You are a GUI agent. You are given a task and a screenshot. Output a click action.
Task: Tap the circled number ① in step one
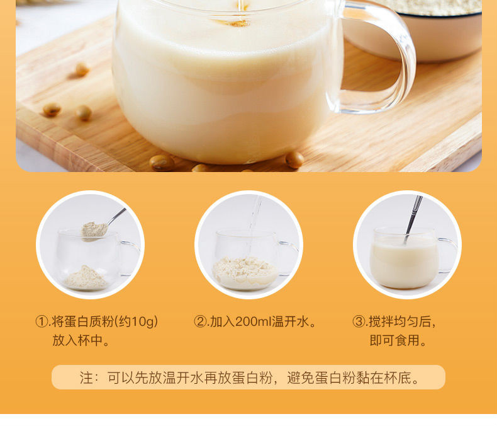42,322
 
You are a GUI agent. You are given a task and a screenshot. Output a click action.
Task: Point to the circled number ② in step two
200,322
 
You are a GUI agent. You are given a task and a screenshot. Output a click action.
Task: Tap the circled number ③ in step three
359,322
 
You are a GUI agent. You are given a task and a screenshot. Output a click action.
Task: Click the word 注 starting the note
86,378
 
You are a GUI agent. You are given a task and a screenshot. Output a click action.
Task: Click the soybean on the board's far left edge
52,110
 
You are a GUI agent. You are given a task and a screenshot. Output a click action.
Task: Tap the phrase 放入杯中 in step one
81,341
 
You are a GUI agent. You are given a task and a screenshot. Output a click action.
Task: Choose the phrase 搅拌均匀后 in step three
403,322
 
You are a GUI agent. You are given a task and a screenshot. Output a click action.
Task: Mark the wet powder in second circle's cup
245,271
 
